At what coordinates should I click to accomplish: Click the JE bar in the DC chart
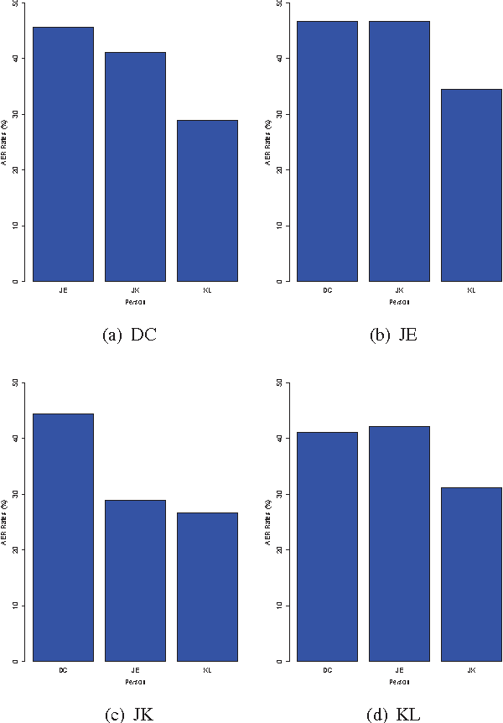click(x=63, y=154)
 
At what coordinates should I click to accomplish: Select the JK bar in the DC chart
click(x=135, y=167)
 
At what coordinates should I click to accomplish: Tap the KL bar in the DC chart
click(x=207, y=200)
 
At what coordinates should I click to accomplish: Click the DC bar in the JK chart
click(x=63, y=537)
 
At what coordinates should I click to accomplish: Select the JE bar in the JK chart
click(x=135, y=580)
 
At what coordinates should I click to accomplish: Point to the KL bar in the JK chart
click(x=207, y=586)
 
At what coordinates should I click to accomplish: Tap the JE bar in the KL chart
click(x=399, y=544)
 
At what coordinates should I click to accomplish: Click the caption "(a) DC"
click(x=130, y=335)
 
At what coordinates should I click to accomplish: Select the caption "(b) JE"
click(x=393, y=335)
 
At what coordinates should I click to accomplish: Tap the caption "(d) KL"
click(x=392, y=715)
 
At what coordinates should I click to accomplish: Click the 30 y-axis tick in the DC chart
click(x=16, y=114)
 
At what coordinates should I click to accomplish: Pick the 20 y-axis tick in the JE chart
click(x=280, y=170)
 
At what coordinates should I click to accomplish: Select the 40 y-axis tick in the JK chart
click(x=16, y=438)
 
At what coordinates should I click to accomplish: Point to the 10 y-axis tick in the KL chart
click(x=280, y=606)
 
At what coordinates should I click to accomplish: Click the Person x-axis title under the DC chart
click(x=135, y=300)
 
